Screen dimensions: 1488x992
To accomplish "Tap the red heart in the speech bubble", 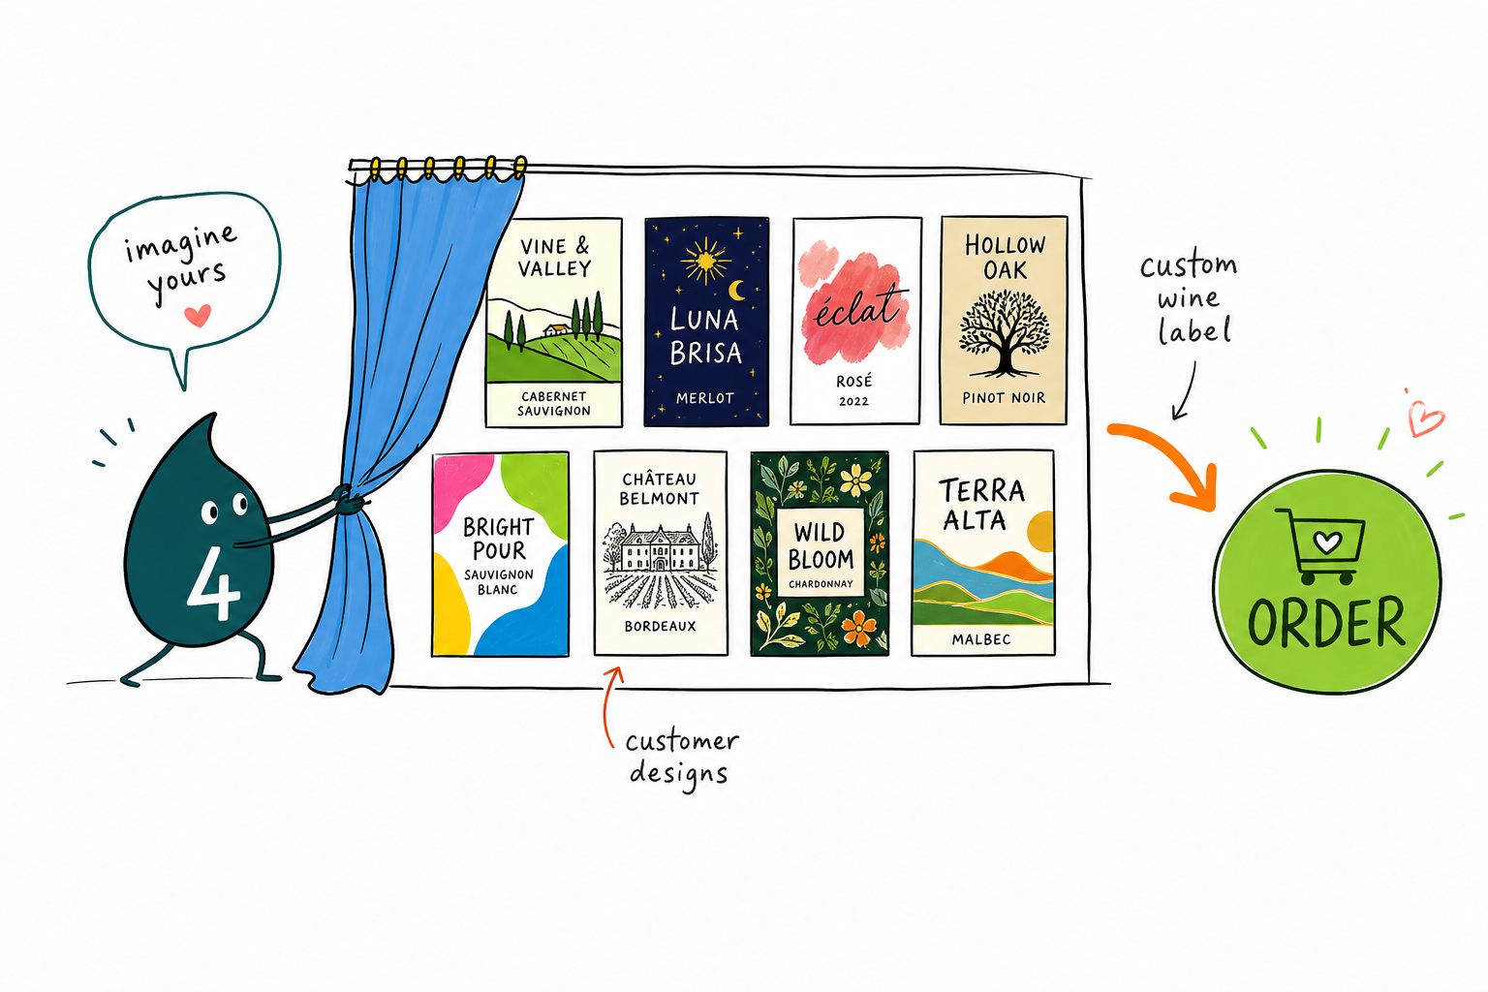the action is pyautogui.click(x=198, y=316).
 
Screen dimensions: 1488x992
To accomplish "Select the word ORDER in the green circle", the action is pyautogui.click(x=1326, y=622).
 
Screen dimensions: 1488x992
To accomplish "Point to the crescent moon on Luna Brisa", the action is pyautogui.click(x=736, y=290).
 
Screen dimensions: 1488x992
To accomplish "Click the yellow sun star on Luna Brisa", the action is pyautogui.click(x=705, y=260).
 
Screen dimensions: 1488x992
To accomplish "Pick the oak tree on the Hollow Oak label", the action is pyautogui.click(x=1004, y=333).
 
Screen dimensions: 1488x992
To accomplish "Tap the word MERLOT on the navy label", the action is pyautogui.click(x=705, y=398).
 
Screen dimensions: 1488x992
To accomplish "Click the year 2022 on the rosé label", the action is pyautogui.click(x=853, y=401).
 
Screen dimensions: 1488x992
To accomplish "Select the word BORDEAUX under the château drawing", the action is pyautogui.click(x=661, y=626).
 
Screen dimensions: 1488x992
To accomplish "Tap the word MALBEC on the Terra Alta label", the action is pyautogui.click(x=981, y=639).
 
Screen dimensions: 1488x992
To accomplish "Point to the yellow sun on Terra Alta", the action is pyautogui.click(x=1040, y=532).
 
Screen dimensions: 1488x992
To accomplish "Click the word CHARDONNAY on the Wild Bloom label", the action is pyautogui.click(x=821, y=584).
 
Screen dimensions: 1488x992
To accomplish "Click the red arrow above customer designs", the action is pyautogui.click(x=608, y=705).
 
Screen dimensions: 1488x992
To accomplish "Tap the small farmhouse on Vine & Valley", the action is pyautogui.click(x=556, y=329).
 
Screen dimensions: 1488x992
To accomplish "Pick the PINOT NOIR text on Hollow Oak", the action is pyautogui.click(x=1004, y=398).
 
